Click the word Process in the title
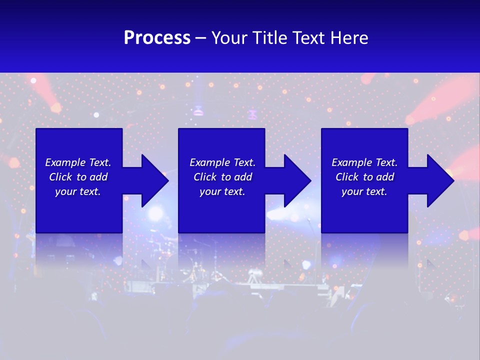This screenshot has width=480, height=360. click(157, 38)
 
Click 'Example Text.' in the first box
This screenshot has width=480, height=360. click(78, 162)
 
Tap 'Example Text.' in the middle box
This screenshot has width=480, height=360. click(222, 162)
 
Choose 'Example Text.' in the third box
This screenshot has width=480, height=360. click(364, 162)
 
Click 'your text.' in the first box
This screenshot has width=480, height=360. click(78, 191)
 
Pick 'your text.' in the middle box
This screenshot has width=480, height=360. click(222, 191)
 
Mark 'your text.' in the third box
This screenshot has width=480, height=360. click(364, 191)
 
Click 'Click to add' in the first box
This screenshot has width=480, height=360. click(78, 177)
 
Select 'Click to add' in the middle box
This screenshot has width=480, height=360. click(222, 177)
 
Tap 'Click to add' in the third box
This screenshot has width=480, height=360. click(364, 177)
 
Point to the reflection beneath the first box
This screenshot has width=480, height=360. click(79, 250)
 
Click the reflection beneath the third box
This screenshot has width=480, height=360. click(364, 250)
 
